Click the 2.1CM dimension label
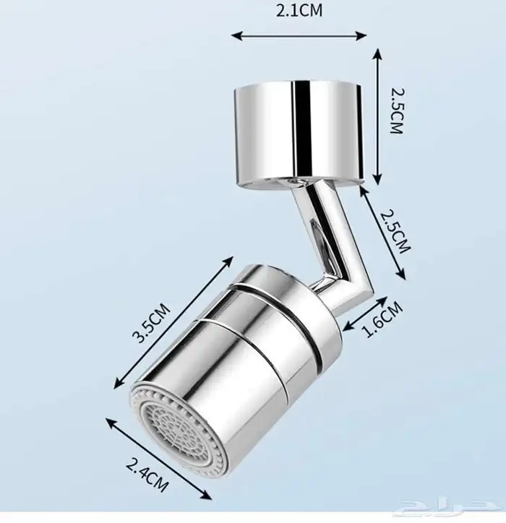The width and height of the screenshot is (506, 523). pos(299,10)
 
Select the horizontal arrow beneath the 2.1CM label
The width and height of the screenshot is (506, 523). pos(299,35)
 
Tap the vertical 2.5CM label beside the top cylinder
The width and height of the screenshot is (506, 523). pos(397,111)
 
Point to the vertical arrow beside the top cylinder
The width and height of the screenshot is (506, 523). pos(377,116)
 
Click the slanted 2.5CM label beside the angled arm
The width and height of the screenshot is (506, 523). pos(395,231)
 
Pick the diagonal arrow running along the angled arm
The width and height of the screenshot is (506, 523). pos(382,233)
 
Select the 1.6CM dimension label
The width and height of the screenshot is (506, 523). pos(383,319)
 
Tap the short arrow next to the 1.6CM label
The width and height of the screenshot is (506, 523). pos(366,314)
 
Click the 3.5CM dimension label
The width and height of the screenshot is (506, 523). pos(151,322)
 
